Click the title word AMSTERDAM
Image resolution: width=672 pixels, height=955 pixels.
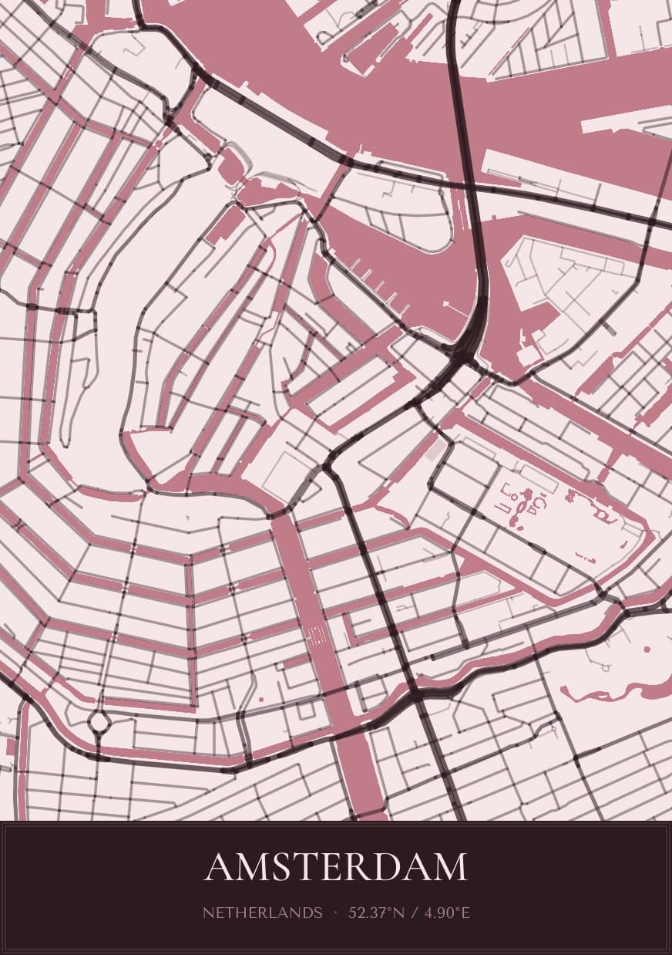pos(336,867)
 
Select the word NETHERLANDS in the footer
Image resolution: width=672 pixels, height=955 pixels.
pos(263,913)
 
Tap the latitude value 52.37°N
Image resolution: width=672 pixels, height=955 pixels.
pos(376,913)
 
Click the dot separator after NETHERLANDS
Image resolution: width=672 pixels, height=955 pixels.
pos(336,913)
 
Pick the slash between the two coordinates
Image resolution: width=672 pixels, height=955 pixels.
pos(415,913)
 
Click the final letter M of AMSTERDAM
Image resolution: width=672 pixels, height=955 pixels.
pos(451,867)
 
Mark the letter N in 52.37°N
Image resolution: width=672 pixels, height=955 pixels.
pos(398,913)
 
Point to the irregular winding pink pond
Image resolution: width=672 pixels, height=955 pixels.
pos(617,687)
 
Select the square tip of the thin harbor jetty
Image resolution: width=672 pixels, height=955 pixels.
pos(446,305)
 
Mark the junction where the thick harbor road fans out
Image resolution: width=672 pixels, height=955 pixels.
pos(462,358)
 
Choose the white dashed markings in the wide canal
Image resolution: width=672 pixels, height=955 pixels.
pos(316,636)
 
